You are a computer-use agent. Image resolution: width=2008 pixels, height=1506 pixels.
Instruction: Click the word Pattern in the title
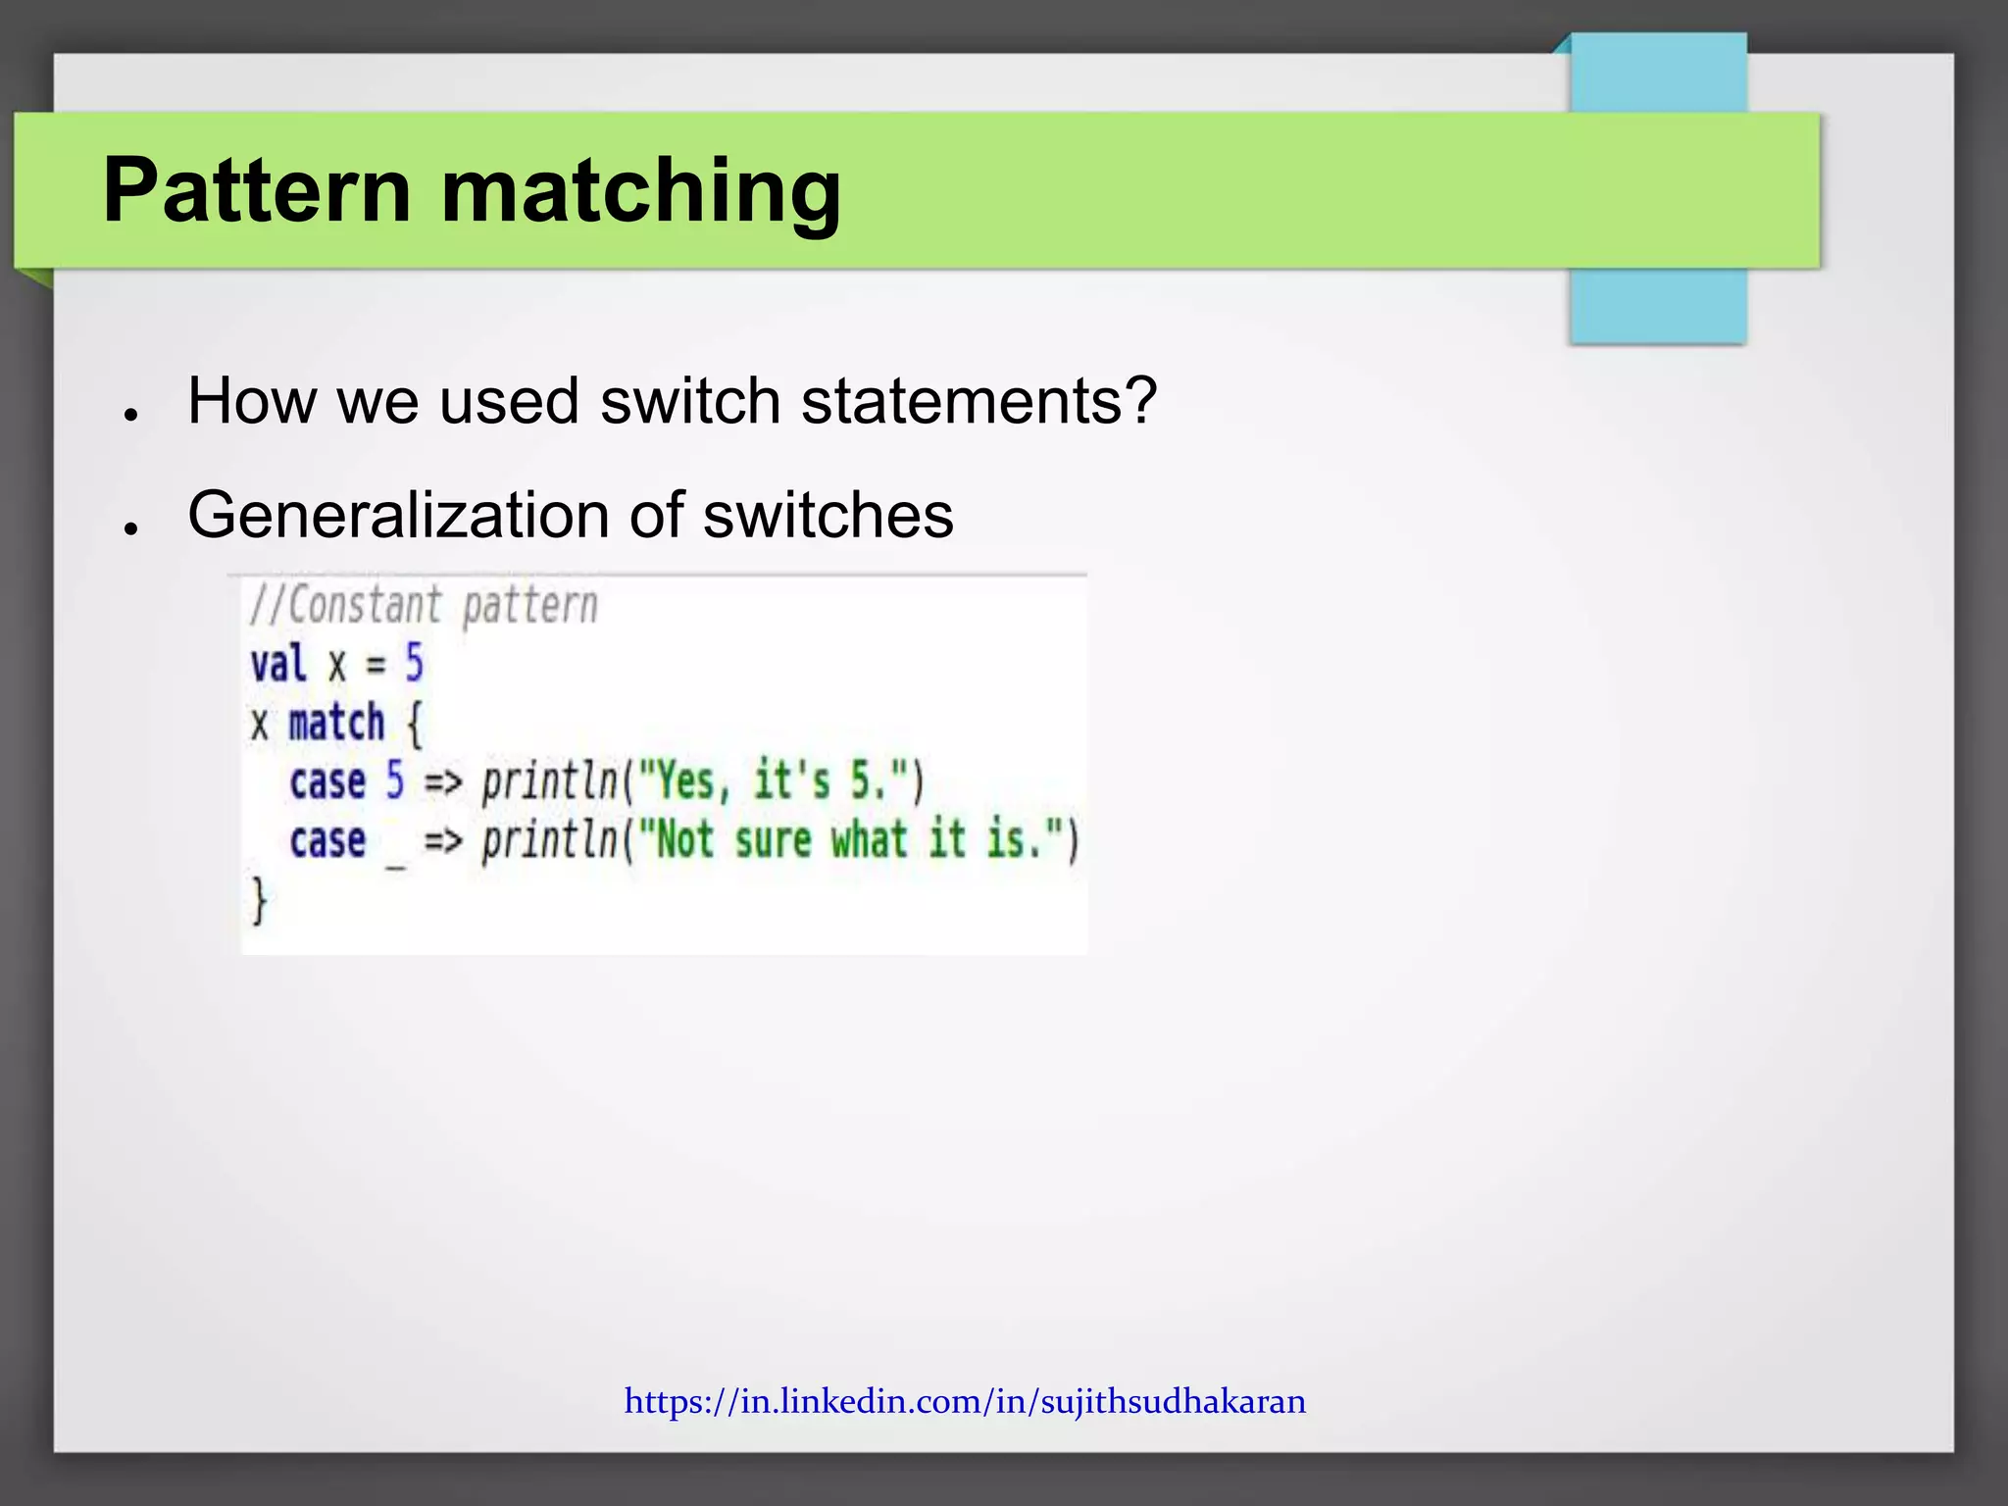pyautogui.click(x=257, y=190)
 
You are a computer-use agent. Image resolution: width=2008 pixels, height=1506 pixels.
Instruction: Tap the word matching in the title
pyautogui.click(x=641, y=190)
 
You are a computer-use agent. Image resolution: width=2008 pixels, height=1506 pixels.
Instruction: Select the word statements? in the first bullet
pyautogui.click(x=979, y=401)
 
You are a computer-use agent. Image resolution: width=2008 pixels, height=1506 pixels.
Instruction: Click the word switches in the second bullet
pyautogui.click(x=828, y=515)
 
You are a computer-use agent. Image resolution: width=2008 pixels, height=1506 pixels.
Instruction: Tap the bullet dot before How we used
pyautogui.click(x=129, y=415)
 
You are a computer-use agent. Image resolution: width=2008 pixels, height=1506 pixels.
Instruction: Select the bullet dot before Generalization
pyautogui.click(x=129, y=528)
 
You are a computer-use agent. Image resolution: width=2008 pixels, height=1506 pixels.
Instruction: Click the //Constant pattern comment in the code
pyautogui.click(x=423, y=605)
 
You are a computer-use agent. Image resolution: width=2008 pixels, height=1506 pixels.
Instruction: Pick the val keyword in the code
pyautogui.click(x=278, y=665)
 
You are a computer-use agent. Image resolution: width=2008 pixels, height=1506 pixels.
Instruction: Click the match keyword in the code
pyautogui.click(x=336, y=724)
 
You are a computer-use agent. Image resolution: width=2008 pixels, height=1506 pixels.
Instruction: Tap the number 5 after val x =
pyautogui.click(x=414, y=664)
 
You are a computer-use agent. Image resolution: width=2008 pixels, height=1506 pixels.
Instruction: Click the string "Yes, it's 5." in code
pyautogui.click(x=775, y=782)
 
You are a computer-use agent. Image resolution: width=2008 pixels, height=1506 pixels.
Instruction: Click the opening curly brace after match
pyautogui.click(x=414, y=725)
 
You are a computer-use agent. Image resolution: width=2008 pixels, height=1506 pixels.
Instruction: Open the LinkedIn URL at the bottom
pyautogui.click(x=965, y=1401)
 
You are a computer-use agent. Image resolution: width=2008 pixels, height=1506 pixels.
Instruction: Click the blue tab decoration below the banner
pyautogui.click(x=1657, y=306)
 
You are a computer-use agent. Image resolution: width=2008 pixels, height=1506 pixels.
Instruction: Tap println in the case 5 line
pyautogui.click(x=550, y=782)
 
